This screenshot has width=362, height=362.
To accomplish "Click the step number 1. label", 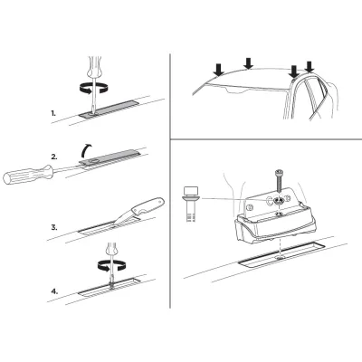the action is (x=53, y=114).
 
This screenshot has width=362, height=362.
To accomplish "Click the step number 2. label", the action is (x=54, y=157).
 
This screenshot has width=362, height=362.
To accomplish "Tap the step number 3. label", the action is (x=54, y=227).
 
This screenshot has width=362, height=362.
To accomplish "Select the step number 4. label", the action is (x=54, y=291).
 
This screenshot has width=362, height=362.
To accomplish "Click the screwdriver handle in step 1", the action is (x=92, y=66).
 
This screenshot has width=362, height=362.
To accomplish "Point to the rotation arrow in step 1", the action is (x=93, y=88).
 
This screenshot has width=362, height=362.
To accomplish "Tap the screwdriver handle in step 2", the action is (x=28, y=175).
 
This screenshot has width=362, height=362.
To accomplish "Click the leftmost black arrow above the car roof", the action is (x=218, y=70).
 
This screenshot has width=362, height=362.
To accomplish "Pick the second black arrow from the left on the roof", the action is (x=249, y=63).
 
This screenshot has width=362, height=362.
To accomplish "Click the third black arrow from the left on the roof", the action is (x=293, y=71).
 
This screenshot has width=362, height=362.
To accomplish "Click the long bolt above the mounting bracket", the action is (x=278, y=182).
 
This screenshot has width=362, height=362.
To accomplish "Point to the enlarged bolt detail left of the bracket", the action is (x=189, y=205).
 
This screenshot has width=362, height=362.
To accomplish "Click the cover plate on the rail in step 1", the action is (x=110, y=109).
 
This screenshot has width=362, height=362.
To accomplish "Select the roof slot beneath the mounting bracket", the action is (x=281, y=254).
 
